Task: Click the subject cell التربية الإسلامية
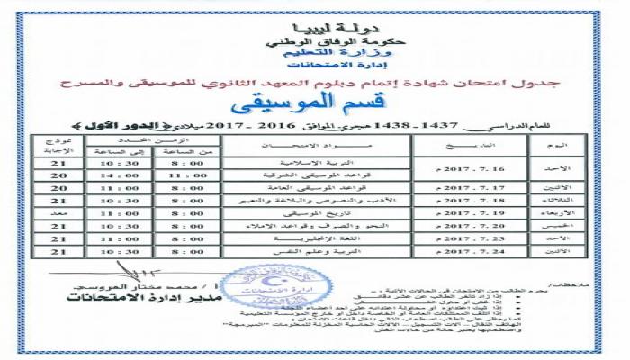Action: [x=319, y=163]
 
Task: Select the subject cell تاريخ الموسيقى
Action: [x=319, y=214]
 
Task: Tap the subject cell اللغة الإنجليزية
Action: [x=319, y=240]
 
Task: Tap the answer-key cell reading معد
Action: [x=58, y=215]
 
